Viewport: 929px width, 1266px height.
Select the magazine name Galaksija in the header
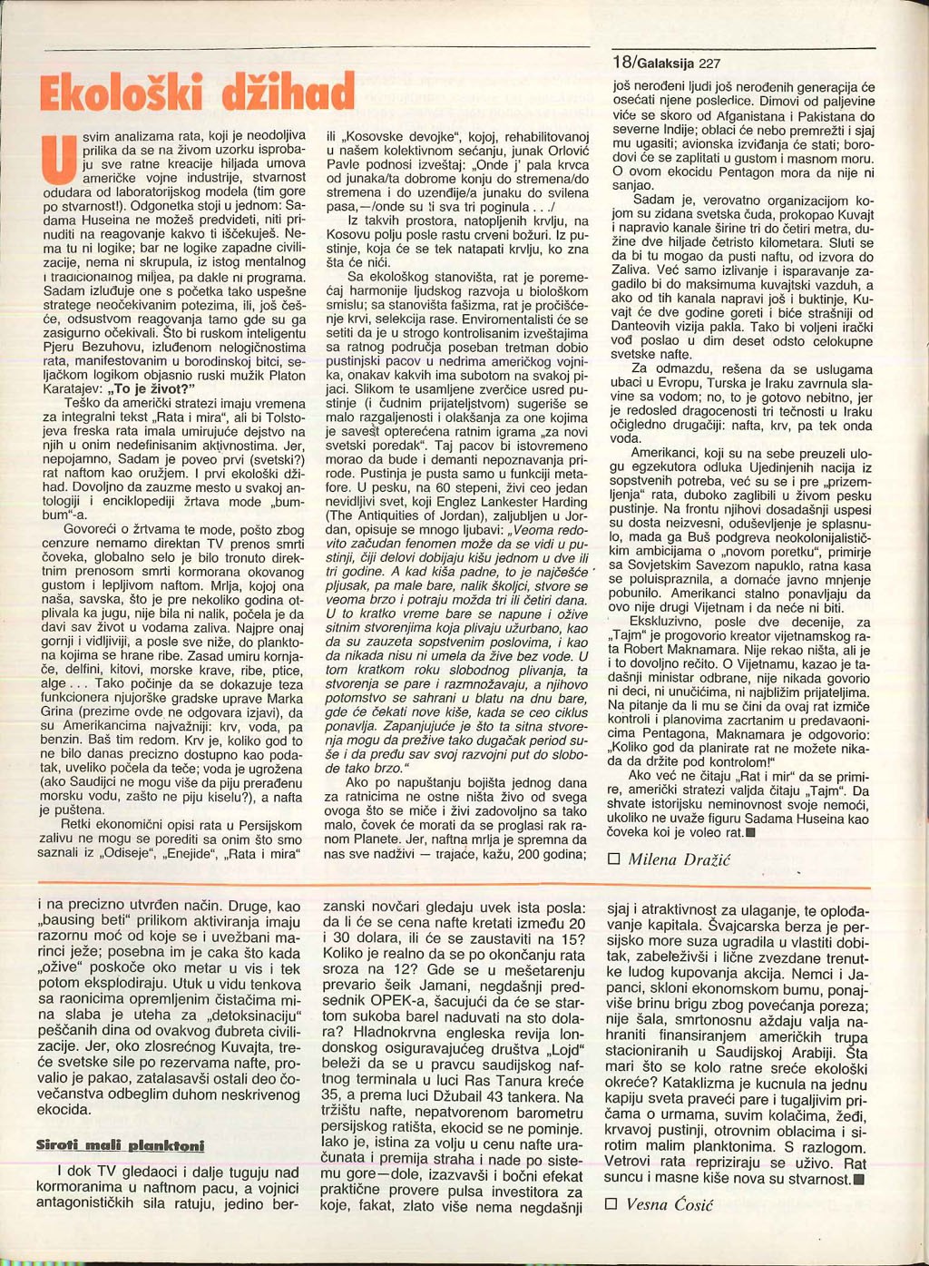click(664, 64)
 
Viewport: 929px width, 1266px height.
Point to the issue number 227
click(709, 64)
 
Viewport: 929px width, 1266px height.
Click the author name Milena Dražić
click(679, 859)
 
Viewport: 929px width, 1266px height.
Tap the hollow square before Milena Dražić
click(613, 859)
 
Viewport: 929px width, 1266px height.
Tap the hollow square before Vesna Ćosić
click(611, 1204)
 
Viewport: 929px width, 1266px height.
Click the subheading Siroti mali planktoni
click(120, 1145)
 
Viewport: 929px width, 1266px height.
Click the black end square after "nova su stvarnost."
click(858, 1180)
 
